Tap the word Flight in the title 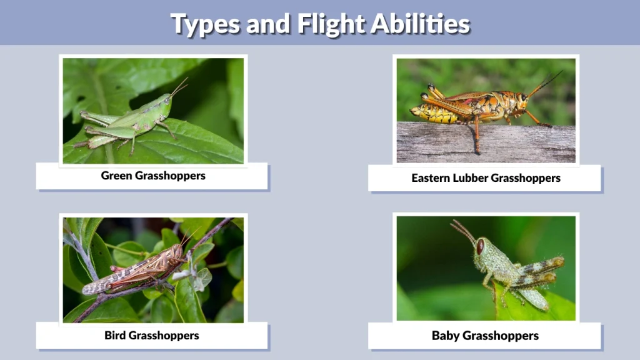[330, 24]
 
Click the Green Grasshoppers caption [153, 176]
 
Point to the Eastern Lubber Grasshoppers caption [486, 178]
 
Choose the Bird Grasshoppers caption [152, 336]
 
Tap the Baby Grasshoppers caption [485, 336]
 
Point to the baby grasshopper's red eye [480, 246]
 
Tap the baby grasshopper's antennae [463, 230]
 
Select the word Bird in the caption [116, 336]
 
